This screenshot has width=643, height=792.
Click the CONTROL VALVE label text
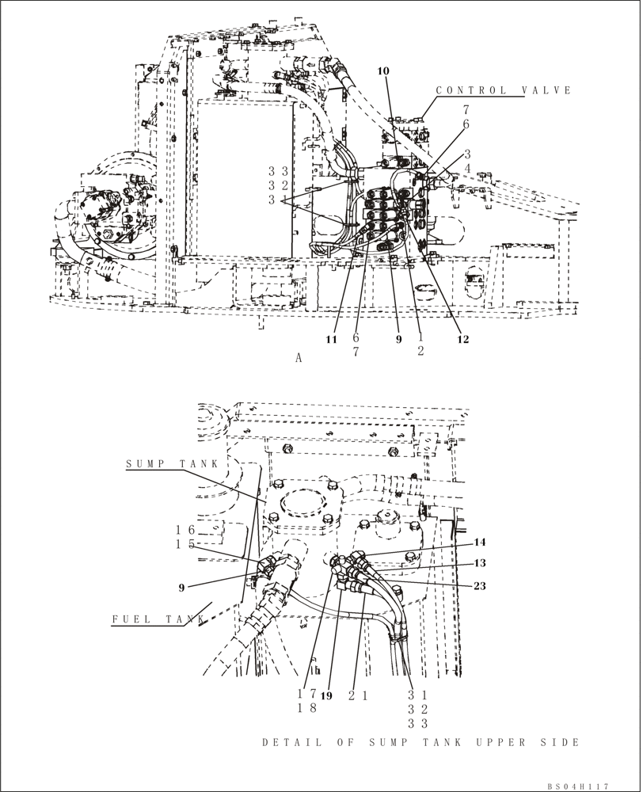(x=504, y=90)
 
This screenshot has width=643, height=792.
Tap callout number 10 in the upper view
(x=383, y=71)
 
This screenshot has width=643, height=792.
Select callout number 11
(x=332, y=339)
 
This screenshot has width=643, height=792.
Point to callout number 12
(x=462, y=340)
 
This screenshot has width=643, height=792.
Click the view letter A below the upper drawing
(x=299, y=358)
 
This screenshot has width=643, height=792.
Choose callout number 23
(x=480, y=586)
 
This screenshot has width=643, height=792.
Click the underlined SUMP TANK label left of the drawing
(x=166, y=463)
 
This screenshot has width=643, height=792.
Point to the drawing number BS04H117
(x=577, y=786)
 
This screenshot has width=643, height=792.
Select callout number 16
(x=185, y=529)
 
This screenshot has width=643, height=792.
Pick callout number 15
(x=185, y=544)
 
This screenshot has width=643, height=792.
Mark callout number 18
(x=307, y=708)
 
